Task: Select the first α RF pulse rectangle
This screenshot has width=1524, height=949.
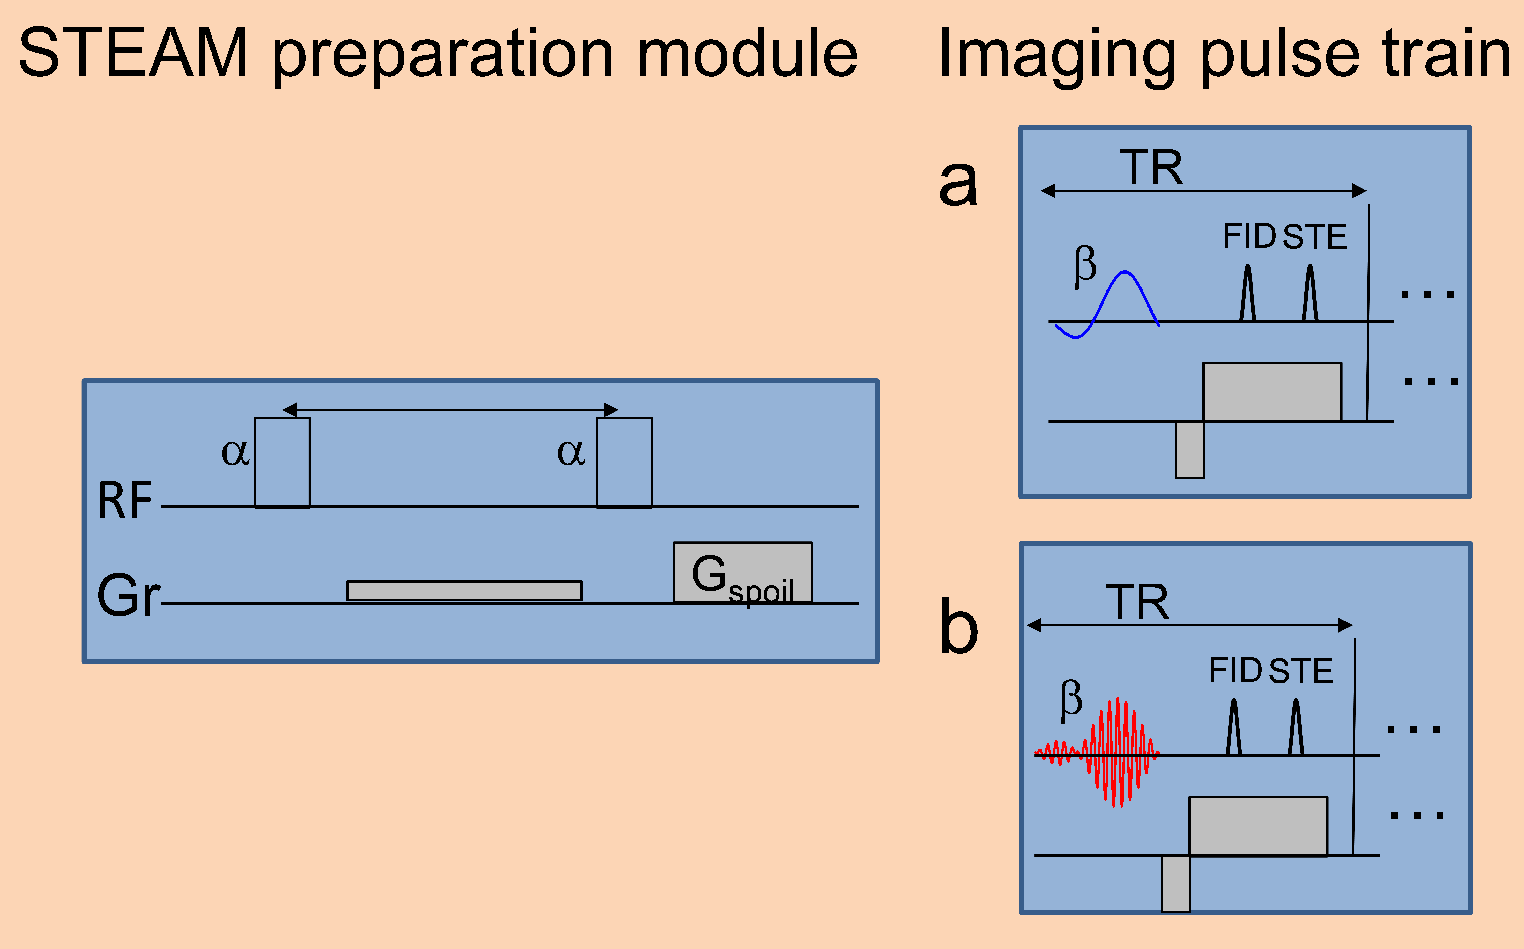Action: tap(282, 462)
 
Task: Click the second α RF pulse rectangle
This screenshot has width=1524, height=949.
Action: tap(624, 462)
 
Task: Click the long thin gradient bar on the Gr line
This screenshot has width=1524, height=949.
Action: tap(464, 591)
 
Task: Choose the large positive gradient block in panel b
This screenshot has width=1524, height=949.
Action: tap(1258, 826)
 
